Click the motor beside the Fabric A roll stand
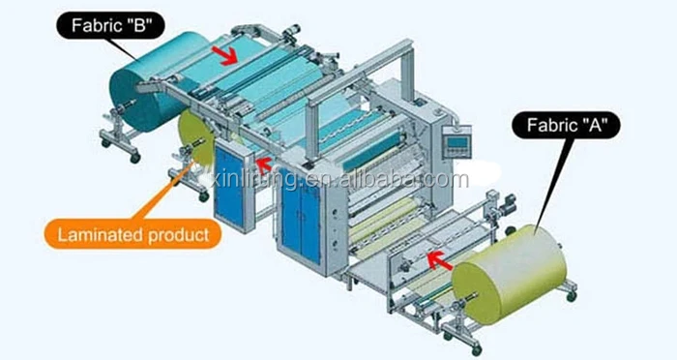[503, 203]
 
